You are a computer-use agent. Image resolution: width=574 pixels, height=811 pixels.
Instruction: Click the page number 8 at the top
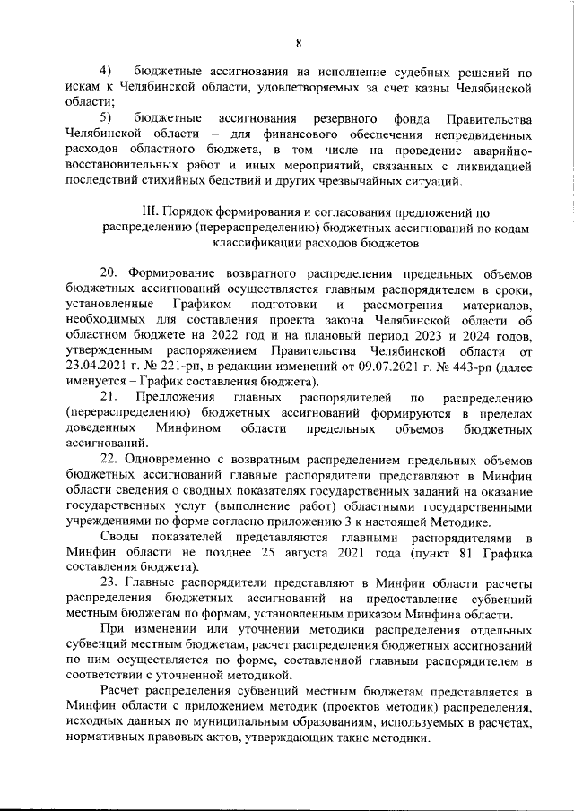(299, 42)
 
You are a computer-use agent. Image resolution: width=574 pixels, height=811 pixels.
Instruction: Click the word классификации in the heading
(255, 243)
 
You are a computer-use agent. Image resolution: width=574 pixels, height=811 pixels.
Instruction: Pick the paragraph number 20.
(110, 273)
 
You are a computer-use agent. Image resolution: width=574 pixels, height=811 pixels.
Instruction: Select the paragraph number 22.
(110, 460)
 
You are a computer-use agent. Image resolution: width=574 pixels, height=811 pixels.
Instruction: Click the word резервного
(343, 118)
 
